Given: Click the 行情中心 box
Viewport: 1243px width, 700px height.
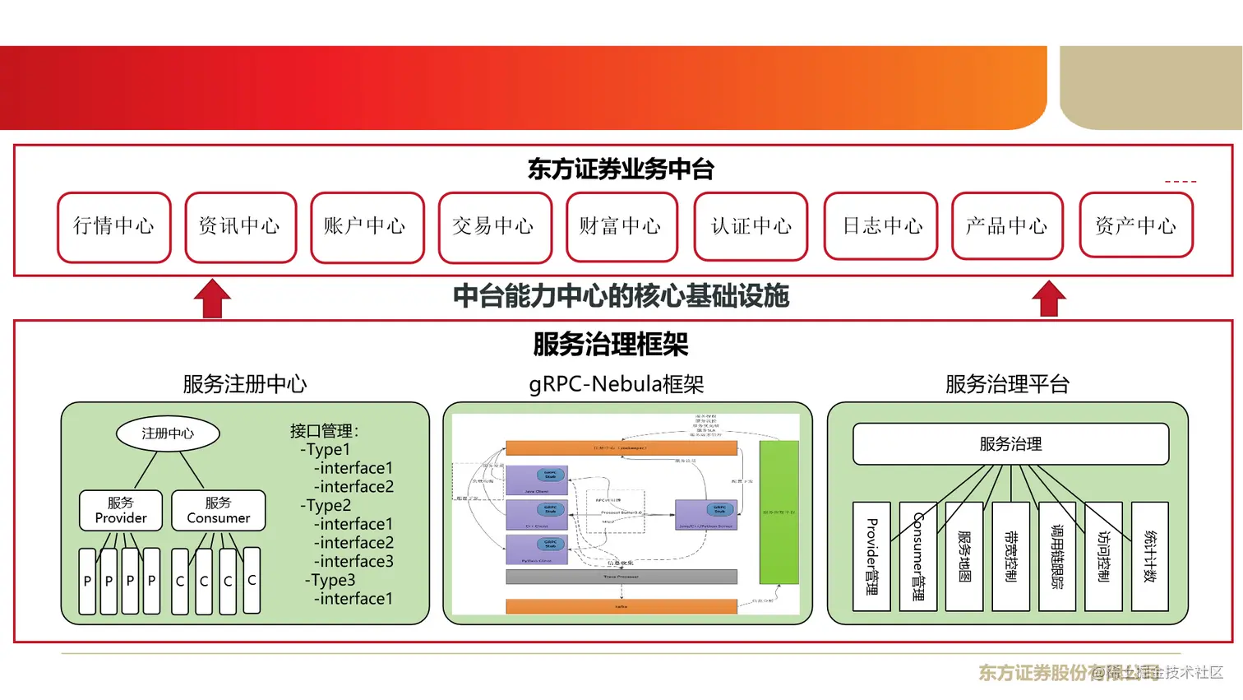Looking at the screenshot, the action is (x=114, y=227).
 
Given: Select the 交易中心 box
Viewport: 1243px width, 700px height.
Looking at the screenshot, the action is (x=495, y=227).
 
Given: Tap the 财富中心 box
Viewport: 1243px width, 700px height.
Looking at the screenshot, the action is (x=621, y=227).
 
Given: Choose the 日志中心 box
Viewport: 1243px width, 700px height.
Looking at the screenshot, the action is (x=880, y=227).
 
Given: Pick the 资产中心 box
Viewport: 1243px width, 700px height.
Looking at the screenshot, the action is (x=1136, y=225).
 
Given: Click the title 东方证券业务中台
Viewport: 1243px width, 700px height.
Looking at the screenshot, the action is (x=621, y=169).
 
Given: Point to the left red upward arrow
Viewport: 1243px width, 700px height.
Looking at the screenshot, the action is (x=212, y=299).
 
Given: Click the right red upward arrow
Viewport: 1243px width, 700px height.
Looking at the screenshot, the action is (x=1049, y=299).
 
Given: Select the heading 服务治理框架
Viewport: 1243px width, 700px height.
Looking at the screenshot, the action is (x=610, y=344).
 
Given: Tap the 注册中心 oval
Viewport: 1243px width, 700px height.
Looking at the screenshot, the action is (x=168, y=433).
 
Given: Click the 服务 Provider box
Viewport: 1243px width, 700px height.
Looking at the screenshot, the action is (x=121, y=510).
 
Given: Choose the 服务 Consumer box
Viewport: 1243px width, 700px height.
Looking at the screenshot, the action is (x=219, y=510).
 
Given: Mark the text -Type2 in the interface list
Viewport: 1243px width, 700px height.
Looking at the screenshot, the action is (x=326, y=505).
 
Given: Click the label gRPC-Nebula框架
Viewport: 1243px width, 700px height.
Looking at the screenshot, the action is (x=617, y=384).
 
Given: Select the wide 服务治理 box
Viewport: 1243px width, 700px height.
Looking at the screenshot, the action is (x=1010, y=444).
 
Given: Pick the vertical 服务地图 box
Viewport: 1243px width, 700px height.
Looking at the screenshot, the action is (x=964, y=556).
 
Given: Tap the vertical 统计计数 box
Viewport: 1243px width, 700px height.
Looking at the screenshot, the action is (x=1149, y=556).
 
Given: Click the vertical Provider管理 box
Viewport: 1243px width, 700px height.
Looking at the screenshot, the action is (x=871, y=556).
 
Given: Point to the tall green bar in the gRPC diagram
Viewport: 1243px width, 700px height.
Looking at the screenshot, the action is (x=779, y=512).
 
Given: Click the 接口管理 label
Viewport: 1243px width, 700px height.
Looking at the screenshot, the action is (x=324, y=430).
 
